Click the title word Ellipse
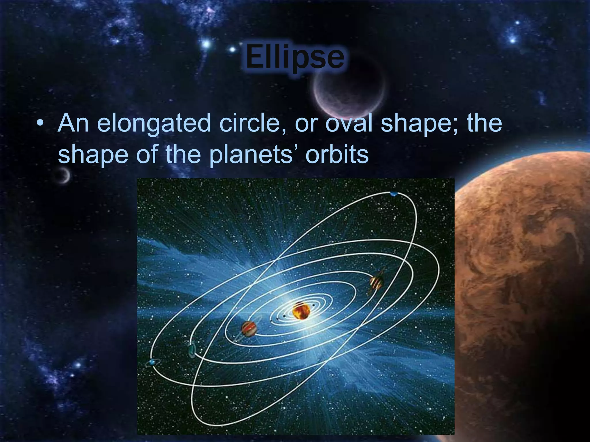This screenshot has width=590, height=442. coord(294,58)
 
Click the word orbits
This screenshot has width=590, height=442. coord(337,155)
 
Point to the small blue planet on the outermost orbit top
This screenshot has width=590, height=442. coord(394,194)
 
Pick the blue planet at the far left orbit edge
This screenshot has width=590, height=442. coord(152,362)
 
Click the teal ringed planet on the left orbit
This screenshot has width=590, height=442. coord(192,350)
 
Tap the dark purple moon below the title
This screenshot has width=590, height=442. coord(349,92)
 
